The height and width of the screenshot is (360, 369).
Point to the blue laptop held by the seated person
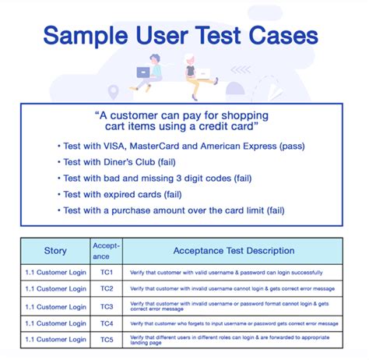coord(143,72)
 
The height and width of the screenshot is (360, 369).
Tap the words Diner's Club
coord(126,161)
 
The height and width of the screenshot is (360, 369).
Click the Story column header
coord(55,251)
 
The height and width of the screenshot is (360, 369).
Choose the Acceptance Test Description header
coord(234,251)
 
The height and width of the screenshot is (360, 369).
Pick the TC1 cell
coord(107,273)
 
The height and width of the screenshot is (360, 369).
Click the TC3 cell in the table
coord(107,306)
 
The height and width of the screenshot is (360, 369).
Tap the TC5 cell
coord(107,340)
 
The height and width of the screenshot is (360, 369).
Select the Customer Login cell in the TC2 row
coord(55,289)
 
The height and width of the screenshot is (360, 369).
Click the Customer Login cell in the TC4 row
coord(55,323)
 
